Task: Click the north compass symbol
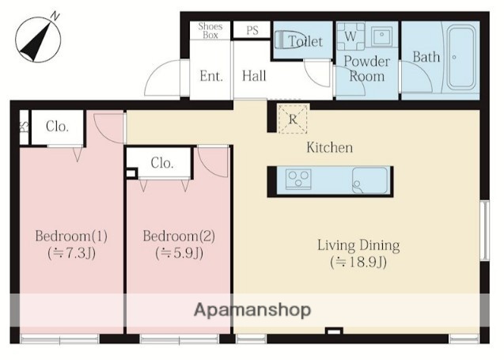(38, 40)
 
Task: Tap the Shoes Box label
(210, 31)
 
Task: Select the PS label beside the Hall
(252, 30)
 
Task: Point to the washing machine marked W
(351, 36)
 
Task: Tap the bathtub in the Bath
(461, 57)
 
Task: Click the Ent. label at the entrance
(211, 76)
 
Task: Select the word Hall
(254, 76)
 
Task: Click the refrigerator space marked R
(293, 119)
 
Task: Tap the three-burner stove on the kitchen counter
(298, 179)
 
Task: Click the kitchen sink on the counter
(370, 180)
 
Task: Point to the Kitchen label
(329, 147)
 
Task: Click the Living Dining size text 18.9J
(358, 263)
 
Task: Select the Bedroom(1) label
(71, 236)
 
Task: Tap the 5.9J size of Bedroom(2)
(179, 253)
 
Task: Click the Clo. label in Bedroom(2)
(162, 163)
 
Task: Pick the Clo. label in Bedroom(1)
(57, 127)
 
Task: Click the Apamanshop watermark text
(252, 309)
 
